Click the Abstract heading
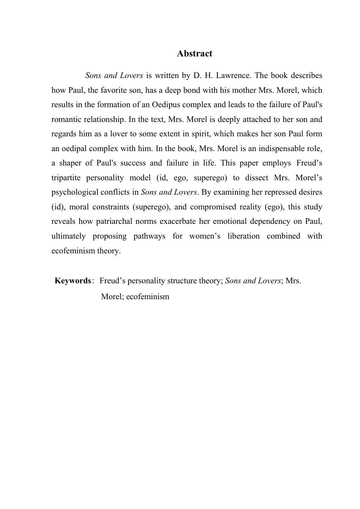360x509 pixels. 194,53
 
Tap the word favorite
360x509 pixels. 103,90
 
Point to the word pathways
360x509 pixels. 149,236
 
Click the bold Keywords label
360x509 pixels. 73,281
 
